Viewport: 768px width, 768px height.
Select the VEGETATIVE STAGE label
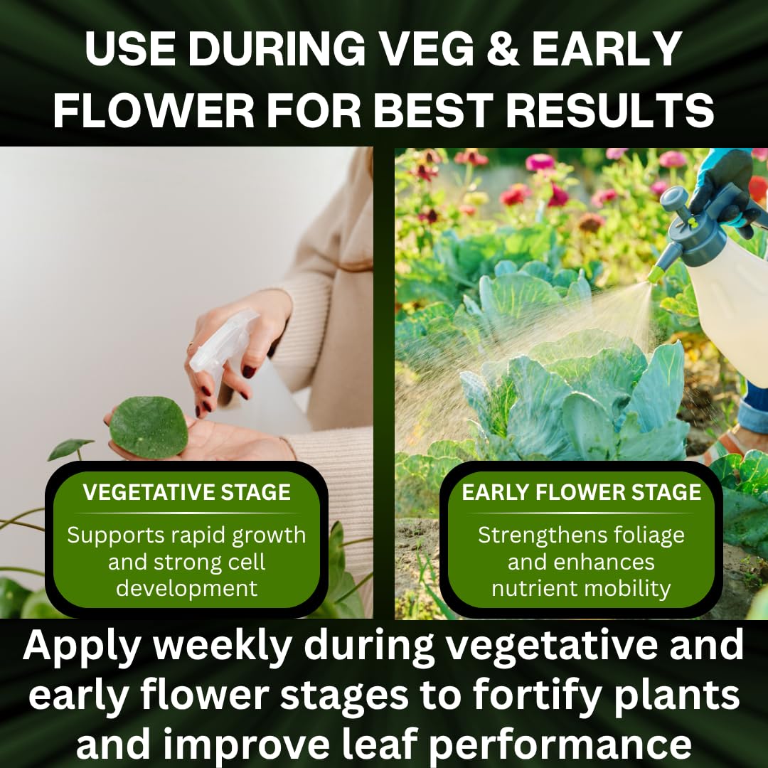[186, 492]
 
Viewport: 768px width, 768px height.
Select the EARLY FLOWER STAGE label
[582, 492]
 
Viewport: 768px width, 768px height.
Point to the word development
[186, 588]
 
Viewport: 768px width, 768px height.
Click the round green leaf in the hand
[149, 427]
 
